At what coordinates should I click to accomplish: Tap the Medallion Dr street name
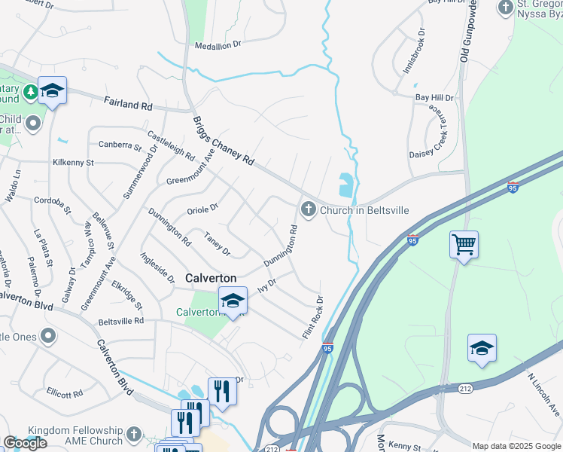(x=218, y=45)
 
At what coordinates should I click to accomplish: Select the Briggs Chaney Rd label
(x=224, y=141)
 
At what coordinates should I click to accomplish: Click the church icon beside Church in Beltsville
(x=308, y=209)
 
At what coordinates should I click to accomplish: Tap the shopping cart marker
(x=464, y=244)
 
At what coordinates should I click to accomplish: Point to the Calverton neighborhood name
(x=211, y=278)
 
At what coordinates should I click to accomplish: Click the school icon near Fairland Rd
(x=52, y=91)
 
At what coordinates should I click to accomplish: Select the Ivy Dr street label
(x=268, y=286)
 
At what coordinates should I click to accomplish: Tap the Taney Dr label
(x=217, y=244)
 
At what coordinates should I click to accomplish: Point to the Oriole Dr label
(x=202, y=207)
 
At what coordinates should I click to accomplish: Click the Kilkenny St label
(x=73, y=162)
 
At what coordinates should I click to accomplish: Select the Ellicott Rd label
(x=64, y=393)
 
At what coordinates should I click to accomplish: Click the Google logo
(x=25, y=443)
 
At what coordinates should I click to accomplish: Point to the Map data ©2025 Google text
(x=516, y=446)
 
